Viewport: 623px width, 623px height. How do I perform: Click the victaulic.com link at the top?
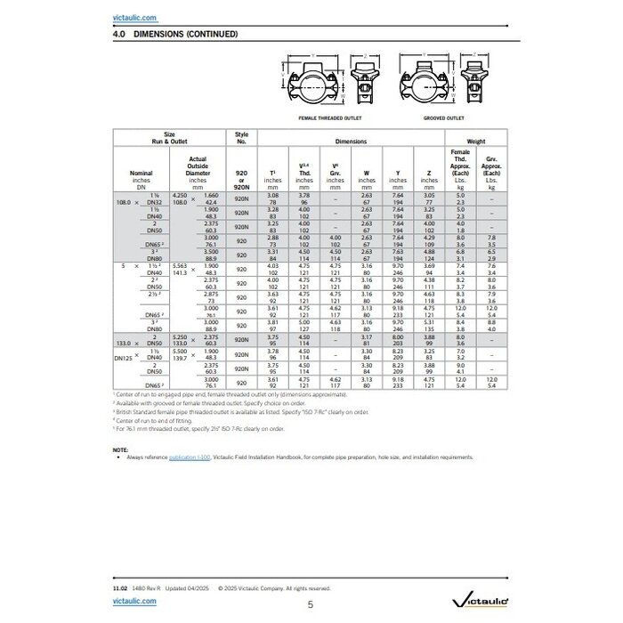click(135, 17)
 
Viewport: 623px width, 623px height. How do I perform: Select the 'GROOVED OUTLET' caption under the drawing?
click(442, 117)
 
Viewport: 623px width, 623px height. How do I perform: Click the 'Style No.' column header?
click(240, 138)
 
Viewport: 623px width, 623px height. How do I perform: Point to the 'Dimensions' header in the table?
click(351, 142)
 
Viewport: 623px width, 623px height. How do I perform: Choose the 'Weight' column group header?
click(476, 142)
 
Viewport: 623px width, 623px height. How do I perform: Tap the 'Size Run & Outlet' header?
click(169, 138)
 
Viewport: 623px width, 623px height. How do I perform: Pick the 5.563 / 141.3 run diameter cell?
click(180, 269)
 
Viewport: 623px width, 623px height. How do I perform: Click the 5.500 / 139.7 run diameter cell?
click(180, 355)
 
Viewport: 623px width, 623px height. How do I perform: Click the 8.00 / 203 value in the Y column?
click(398, 340)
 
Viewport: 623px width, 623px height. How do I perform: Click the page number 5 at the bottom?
click(311, 604)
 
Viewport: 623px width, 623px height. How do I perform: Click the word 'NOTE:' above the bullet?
click(121, 449)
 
